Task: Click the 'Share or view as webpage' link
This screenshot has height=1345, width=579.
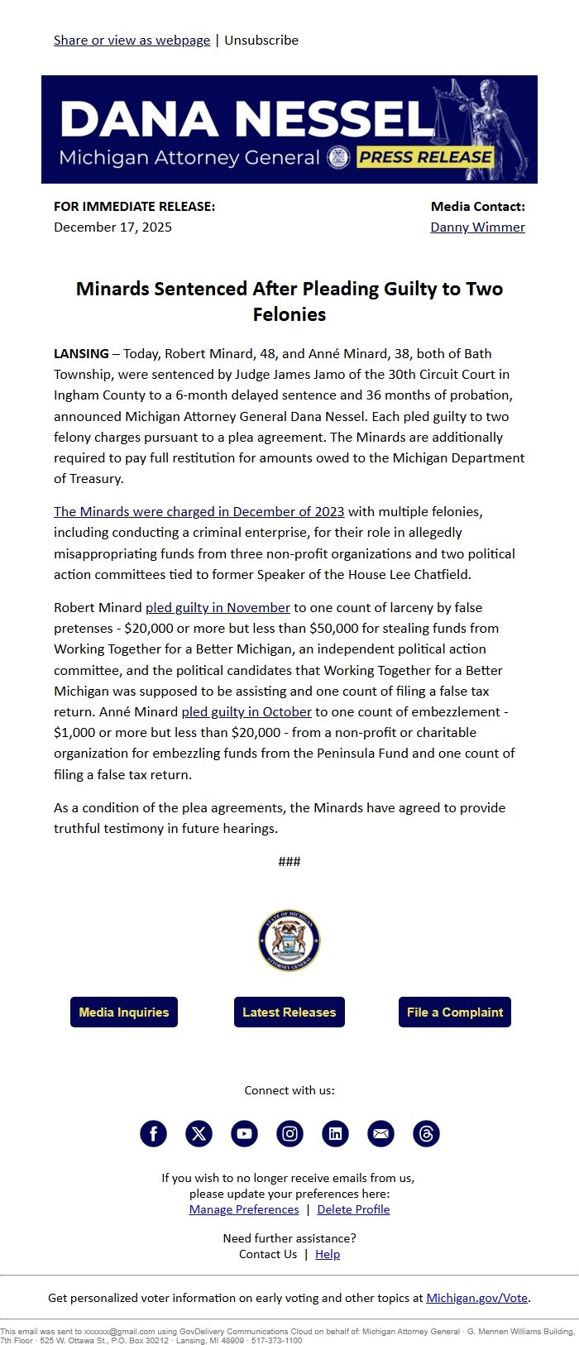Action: point(132,40)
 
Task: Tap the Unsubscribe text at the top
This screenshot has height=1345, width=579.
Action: point(261,40)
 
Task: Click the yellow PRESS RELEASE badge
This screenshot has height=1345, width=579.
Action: point(425,157)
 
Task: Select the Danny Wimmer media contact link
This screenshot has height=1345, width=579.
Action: point(477,227)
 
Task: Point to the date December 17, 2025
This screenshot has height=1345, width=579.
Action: point(112,227)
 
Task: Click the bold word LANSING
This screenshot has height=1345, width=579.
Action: point(81,353)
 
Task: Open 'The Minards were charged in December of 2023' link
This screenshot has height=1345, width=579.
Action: point(199,511)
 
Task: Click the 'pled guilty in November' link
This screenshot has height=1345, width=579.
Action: point(218,607)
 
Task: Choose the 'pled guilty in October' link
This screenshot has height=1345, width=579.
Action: point(246,711)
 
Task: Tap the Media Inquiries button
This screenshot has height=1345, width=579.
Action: point(124,1012)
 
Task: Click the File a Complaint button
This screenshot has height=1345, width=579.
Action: point(455,1012)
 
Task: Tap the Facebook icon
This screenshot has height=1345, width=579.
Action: point(153,1133)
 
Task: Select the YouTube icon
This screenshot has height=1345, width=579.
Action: point(244,1133)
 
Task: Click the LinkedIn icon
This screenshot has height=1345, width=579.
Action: point(335,1133)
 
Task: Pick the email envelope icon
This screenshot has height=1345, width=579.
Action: point(380,1133)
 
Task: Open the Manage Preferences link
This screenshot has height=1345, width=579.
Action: point(244,1209)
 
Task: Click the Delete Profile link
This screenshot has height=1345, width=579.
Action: point(353,1209)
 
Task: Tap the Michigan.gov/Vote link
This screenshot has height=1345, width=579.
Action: point(476,1298)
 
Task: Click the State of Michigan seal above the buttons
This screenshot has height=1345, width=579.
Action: point(289,941)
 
